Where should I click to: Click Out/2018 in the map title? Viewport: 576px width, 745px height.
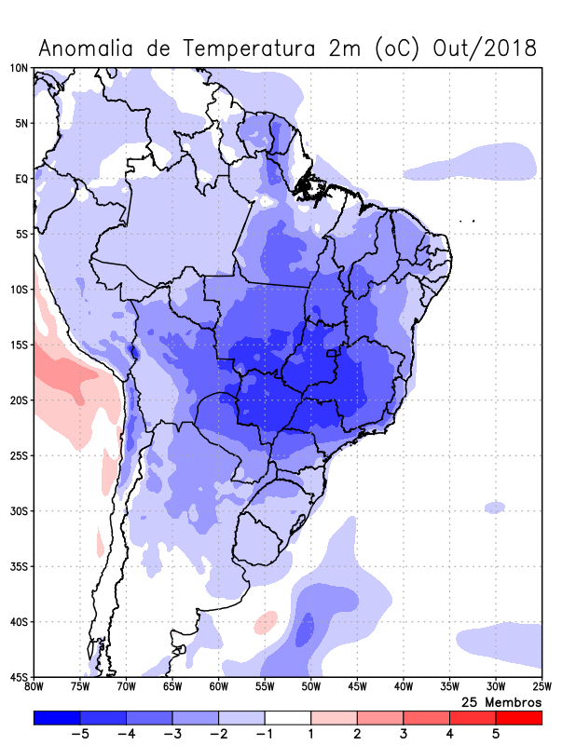pyautogui.click(x=486, y=47)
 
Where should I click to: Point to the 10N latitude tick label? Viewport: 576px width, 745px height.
pyautogui.click(x=19, y=68)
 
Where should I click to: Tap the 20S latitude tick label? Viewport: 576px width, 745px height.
pyautogui.click(x=19, y=400)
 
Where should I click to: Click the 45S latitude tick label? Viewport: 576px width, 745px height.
pyautogui.click(x=19, y=677)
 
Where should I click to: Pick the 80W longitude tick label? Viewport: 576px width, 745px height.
pyautogui.click(x=34, y=687)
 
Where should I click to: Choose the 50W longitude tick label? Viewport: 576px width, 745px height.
pyautogui.click(x=310, y=687)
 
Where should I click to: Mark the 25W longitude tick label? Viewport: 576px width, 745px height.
pyautogui.click(x=541, y=687)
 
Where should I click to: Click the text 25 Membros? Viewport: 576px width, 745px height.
pyautogui.click(x=501, y=701)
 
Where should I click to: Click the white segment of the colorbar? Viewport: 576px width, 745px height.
pyautogui.click(x=287, y=718)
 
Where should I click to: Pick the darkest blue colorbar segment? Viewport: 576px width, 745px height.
pyautogui.click(x=57, y=718)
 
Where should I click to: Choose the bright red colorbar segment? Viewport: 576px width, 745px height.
pyautogui.click(x=518, y=718)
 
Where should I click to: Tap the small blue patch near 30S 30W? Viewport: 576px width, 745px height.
pyautogui.click(x=495, y=507)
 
